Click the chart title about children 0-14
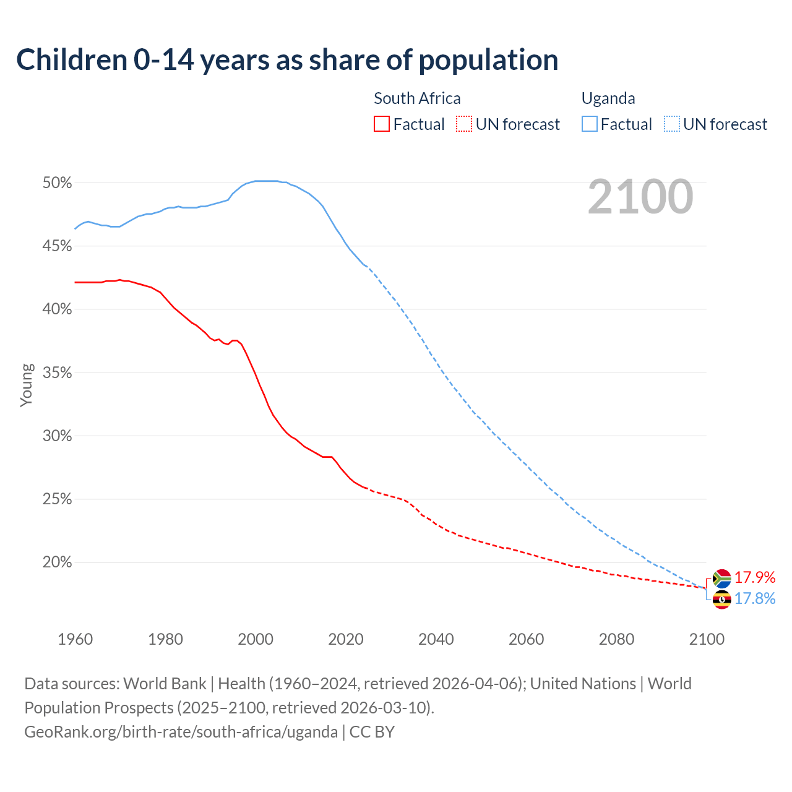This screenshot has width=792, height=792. tap(287, 60)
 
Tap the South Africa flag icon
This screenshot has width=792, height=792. tap(721, 579)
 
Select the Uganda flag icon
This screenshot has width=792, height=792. tap(721, 599)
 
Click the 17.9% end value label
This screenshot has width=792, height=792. tap(755, 577)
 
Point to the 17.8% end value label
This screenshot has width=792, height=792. tap(755, 598)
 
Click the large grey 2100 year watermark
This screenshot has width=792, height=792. tap(640, 197)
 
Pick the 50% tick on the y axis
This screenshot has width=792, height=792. tap(58, 183)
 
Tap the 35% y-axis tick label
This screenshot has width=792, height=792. tap(58, 373)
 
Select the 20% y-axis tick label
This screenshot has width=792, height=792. tap(58, 562)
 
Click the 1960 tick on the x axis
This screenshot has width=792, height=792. tap(75, 639)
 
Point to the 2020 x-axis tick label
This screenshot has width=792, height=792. tap(346, 639)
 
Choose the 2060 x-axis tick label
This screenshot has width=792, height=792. tap(526, 639)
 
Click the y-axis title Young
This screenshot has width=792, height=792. tap(26, 385)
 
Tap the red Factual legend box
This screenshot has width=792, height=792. tap(382, 124)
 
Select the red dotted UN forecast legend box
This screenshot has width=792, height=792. tap(464, 124)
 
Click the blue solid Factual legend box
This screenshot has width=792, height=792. tap(590, 124)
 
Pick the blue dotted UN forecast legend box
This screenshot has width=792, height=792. tap(672, 124)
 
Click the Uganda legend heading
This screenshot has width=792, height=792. tap(608, 98)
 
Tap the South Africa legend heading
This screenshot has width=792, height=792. tap(417, 98)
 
